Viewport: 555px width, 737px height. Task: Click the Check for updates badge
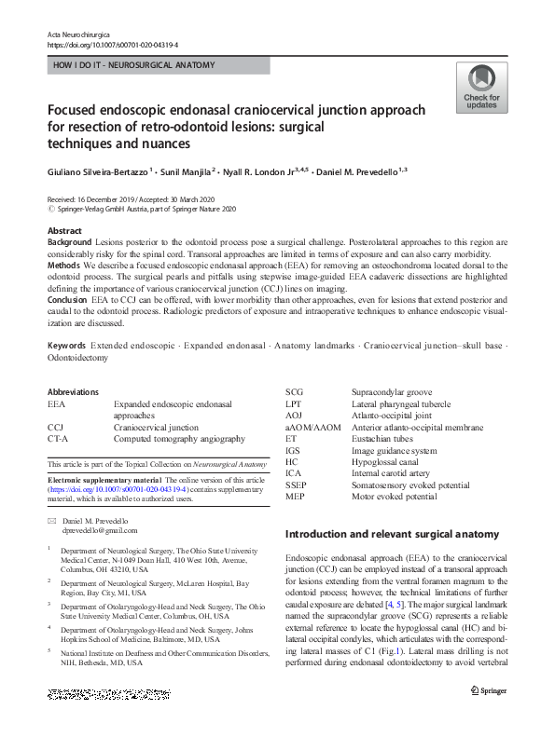[x=481, y=89]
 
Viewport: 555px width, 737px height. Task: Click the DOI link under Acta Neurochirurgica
[x=113, y=44]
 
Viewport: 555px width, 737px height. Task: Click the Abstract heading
[x=63, y=230]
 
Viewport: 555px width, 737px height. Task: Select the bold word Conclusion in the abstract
[x=71, y=301]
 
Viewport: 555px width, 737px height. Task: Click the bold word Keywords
[x=67, y=346]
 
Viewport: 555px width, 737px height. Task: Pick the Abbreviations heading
[x=73, y=392]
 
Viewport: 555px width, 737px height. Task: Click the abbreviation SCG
[x=295, y=392]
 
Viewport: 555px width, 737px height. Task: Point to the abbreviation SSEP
[x=296, y=485]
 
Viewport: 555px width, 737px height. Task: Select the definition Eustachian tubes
[x=383, y=439]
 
